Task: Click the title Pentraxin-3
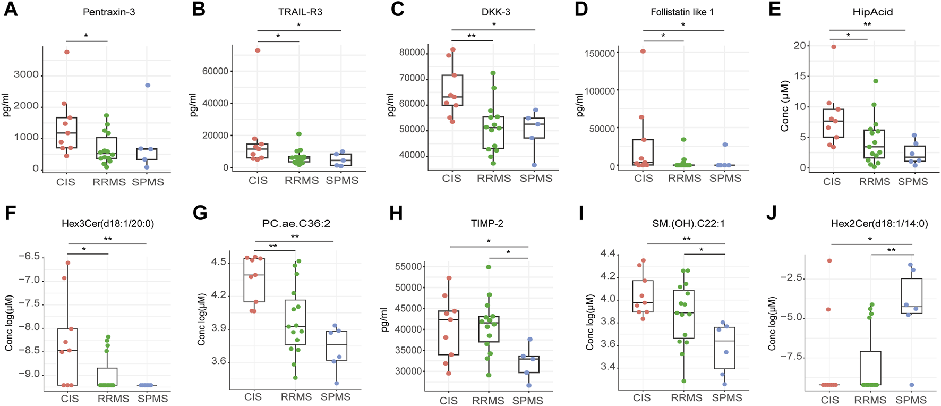pos(109,11)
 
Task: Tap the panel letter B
pos(198,10)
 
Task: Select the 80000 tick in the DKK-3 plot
pos(412,53)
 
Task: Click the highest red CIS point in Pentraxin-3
pos(67,52)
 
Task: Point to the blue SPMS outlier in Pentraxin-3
pos(148,85)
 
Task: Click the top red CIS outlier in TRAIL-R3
pos(258,50)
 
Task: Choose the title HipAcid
pos(872,11)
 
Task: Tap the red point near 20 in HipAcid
pos(833,47)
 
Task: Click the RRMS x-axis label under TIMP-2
pos(488,401)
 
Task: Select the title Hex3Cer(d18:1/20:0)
pos(108,224)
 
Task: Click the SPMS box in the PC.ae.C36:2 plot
pos(336,346)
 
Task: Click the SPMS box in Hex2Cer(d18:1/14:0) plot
pos(911,295)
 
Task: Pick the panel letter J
pos(772,214)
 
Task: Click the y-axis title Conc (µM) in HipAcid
pos(785,106)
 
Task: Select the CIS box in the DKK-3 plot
pos(452,90)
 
